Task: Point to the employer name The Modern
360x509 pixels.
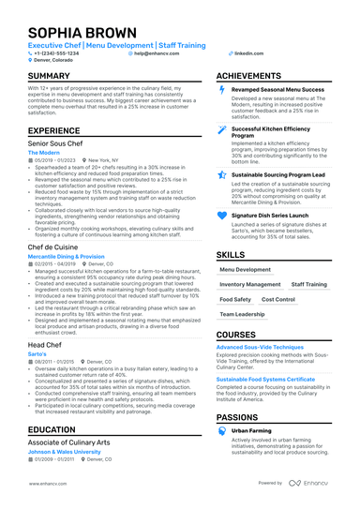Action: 44,152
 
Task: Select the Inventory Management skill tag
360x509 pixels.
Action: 249,284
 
